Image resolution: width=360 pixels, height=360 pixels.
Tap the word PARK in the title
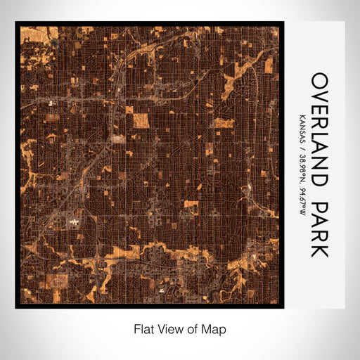(319, 229)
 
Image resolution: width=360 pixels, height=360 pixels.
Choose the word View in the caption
(169, 328)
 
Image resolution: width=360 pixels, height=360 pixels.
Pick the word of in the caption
(193, 328)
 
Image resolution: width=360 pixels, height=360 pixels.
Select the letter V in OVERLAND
(319, 95)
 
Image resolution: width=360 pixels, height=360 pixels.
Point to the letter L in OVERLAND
(319, 136)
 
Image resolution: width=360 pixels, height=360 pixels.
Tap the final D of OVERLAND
(319, 180)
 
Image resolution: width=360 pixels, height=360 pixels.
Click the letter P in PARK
(319, 207)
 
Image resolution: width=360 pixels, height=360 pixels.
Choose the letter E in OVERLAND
(319, 109)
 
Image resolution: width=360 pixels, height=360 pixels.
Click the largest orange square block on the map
(141, 120)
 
